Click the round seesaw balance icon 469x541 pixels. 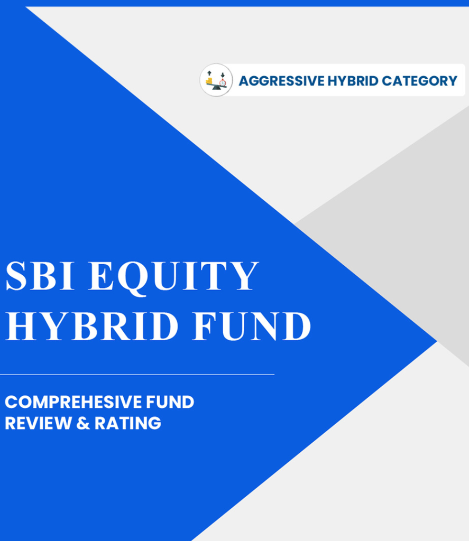point(216,80)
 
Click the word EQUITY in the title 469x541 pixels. point(174,276)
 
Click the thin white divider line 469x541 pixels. point(137,374)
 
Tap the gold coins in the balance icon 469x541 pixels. point(210,81)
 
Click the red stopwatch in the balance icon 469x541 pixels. point(223,82)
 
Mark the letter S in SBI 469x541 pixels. point(15,276)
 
